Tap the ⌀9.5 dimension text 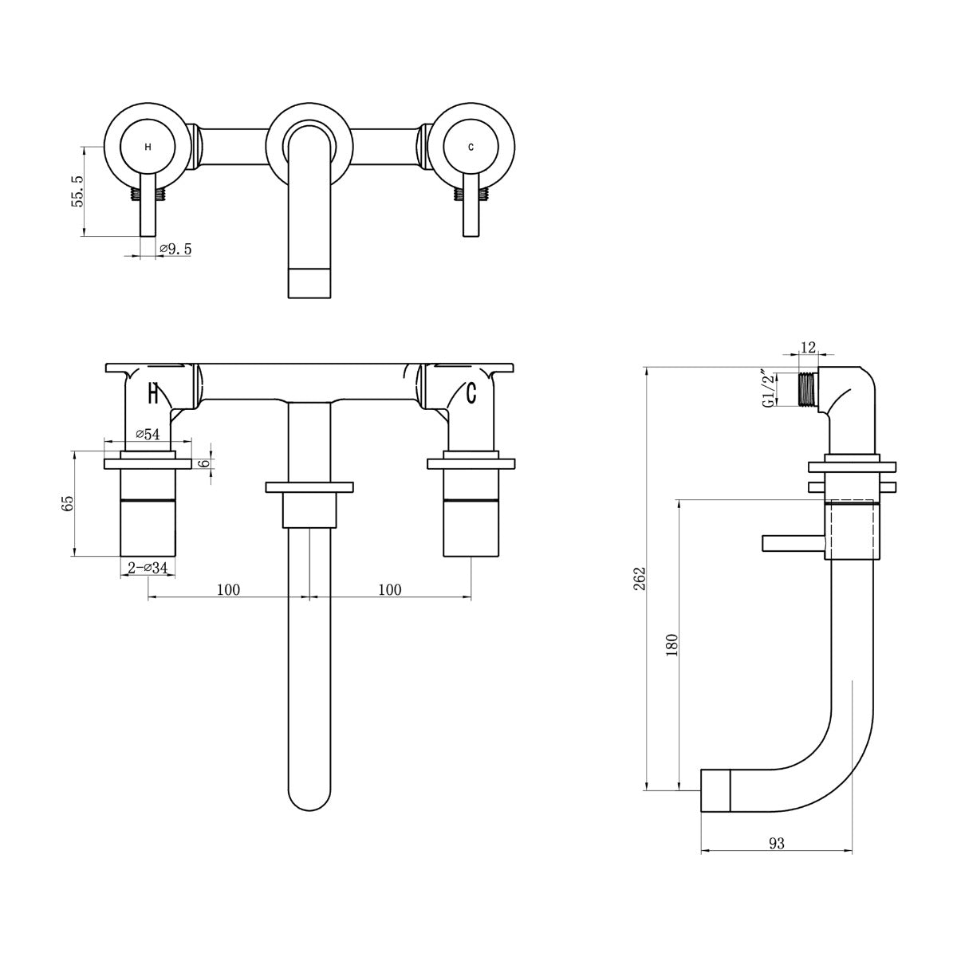tap(175, 249)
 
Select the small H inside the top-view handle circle tap(147, 148)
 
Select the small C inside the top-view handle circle tap(471, 148)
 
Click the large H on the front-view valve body tap(155, 392)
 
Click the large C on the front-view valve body tap(471, 392)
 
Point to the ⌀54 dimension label tap(148, 434)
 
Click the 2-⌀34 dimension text tap(148, 568)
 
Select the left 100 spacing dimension tap(228, 590)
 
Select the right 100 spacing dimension tap(389, 590)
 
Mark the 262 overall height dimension tap(637, 577)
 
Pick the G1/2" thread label tap(767, 388)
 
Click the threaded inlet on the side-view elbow tap(809, 388)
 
